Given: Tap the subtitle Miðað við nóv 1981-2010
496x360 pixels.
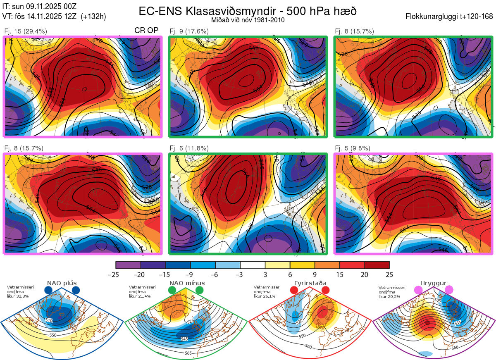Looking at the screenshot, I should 248,20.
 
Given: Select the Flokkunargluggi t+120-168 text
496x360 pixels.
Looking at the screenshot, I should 450,17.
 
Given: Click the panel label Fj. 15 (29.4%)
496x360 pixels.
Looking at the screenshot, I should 25,31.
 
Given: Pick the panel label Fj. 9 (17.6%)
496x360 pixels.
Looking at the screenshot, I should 189,31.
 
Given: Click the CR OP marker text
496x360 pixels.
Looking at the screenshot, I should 146,31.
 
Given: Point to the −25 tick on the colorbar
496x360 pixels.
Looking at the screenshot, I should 116,274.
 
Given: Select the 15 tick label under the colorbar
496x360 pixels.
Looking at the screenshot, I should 340,274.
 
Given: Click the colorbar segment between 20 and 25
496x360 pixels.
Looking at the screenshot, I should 377,265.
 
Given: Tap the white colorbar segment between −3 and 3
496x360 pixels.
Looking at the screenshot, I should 253,265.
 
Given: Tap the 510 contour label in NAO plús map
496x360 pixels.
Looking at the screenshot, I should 49,320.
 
